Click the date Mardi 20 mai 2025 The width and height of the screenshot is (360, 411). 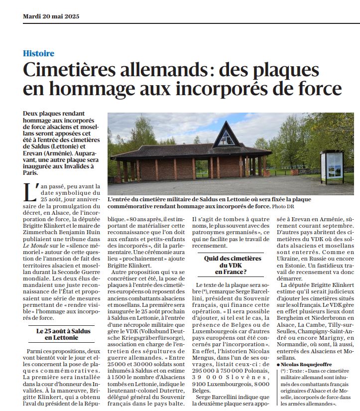pos(48,16)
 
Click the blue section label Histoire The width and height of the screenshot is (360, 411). pos(38,53)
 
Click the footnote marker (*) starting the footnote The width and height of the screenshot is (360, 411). pos(284,372)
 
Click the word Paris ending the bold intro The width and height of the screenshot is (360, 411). pos(31,173)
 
